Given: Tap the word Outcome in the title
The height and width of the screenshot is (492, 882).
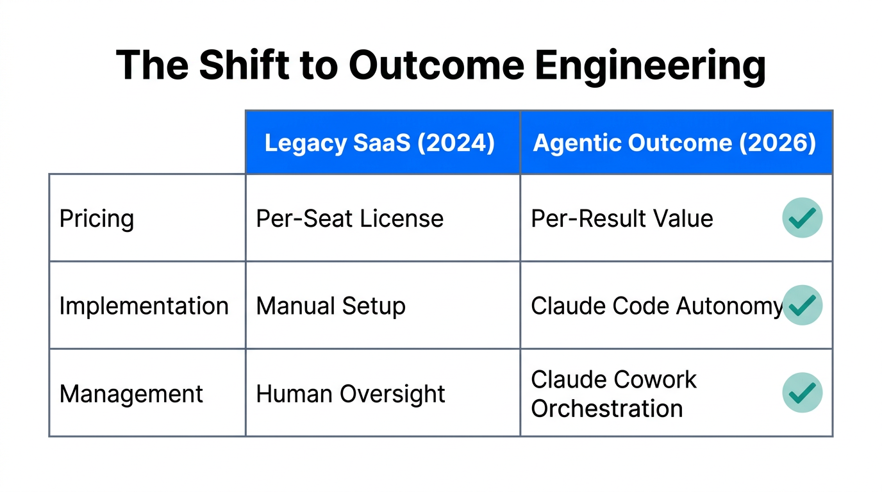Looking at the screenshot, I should (435, 65).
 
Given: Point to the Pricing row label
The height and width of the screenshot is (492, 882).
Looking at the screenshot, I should (97, 218).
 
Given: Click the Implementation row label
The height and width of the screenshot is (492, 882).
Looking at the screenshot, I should (144, 306).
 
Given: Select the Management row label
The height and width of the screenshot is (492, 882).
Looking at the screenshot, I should (131, 393).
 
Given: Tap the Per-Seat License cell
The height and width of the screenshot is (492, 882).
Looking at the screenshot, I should (349, 218).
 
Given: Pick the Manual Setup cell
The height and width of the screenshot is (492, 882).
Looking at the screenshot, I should (331, 306).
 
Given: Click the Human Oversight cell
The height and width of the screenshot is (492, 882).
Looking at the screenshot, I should (351, 393).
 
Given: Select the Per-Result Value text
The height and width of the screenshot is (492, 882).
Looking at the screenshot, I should (622, 218).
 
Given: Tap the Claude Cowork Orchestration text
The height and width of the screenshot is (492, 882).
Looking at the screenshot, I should (613, 393).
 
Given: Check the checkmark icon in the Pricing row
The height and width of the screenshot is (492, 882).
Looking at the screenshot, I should (802, 218).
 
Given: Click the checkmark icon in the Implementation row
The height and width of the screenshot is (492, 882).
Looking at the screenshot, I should (802, 305).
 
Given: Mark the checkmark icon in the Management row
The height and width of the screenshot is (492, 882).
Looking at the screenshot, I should (802, 392).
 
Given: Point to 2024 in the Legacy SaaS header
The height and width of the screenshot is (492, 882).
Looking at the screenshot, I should (456, 143).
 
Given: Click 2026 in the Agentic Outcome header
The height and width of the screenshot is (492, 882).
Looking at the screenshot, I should (778, 143).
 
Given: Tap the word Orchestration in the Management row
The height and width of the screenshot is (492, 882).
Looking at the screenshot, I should (607, 408).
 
